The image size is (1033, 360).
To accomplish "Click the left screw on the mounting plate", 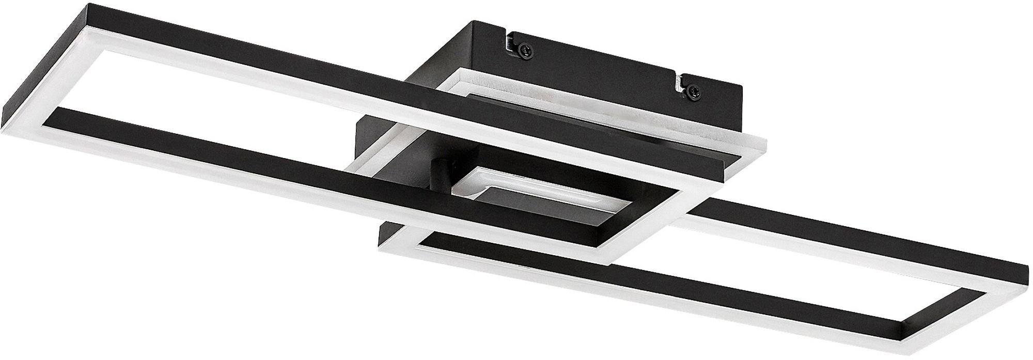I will tap(523, 49).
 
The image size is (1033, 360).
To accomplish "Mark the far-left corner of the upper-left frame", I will tap(4, 115).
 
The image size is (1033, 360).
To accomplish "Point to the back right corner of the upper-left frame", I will tap(764, 145).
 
